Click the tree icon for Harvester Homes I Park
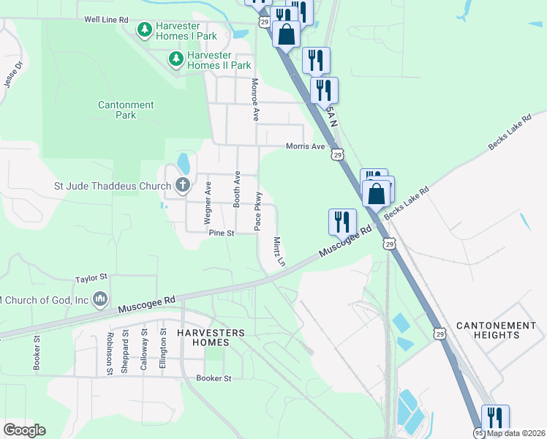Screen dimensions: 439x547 click(x=145, y=29)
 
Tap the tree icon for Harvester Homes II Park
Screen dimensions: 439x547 click(x=176, y=58)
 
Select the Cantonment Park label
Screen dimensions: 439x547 click(x=127, y=110)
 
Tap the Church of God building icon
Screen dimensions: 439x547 click(x=101, y=299)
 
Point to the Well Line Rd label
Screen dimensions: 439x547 click(x=106, y=19)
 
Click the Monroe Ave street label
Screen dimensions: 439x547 click(x=255, y=100)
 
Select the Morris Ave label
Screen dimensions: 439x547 click(x=305, y=146)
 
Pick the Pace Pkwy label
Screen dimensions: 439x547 click(x=258, y=211)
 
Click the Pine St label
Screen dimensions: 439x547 click(x=221, y=233)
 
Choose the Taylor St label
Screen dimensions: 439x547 click(x=91, y=278)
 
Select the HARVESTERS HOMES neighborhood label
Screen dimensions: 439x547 click(x=211, y=334)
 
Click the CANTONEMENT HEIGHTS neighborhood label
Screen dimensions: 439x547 click(x=496, y=330)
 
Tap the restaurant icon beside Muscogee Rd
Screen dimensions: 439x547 click(x=342, y=222)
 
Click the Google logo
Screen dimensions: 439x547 click(x=24, y=430)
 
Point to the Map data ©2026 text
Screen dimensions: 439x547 click(x=516, y=433)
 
